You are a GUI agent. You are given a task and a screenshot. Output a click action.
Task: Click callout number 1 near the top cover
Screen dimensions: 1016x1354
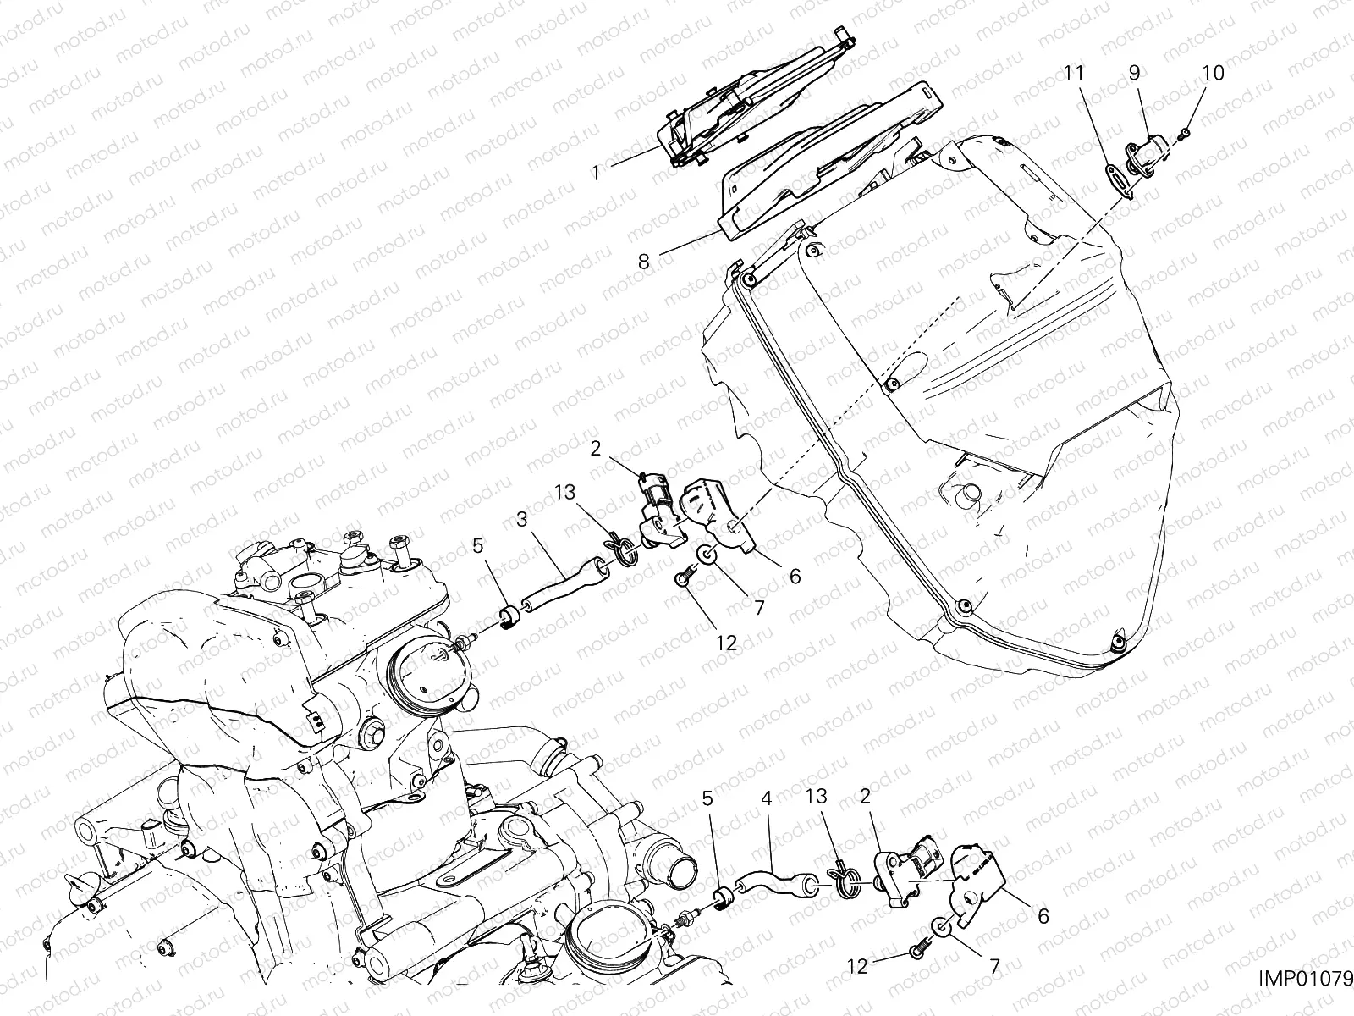[595, 173]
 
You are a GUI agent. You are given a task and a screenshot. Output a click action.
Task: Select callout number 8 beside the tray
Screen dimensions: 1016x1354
[644, 262]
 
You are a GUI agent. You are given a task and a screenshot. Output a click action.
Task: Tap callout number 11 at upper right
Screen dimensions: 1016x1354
[1074, 74]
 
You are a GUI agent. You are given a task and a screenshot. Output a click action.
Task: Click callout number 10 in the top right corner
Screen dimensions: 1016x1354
[1212, 74]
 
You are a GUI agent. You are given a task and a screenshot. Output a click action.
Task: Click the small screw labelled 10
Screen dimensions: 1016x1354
[1186, 133]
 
